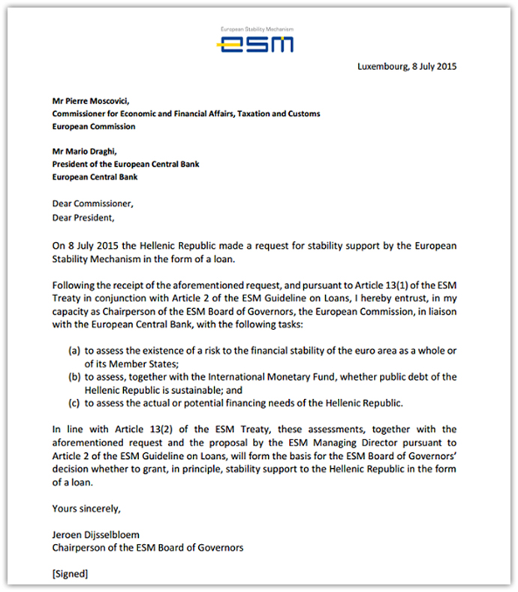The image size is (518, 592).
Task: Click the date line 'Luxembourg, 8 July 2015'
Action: [x=407, y=66]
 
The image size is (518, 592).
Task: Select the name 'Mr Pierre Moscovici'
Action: [x=91, y=101]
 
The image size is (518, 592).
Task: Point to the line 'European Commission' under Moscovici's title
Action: [x=94, y=127]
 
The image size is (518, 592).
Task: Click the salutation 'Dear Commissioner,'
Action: [x=94, y=204]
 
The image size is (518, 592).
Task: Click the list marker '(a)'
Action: [x=74, y=351]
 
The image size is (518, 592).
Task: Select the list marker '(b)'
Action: [x=74, y=376]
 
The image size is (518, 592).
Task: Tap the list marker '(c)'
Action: [x=74, y=403]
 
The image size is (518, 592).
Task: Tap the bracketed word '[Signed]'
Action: [x=70, y=574]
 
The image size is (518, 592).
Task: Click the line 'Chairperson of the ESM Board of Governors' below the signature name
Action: [x=147, y=548]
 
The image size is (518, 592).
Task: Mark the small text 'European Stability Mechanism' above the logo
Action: [x=256, y=29]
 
